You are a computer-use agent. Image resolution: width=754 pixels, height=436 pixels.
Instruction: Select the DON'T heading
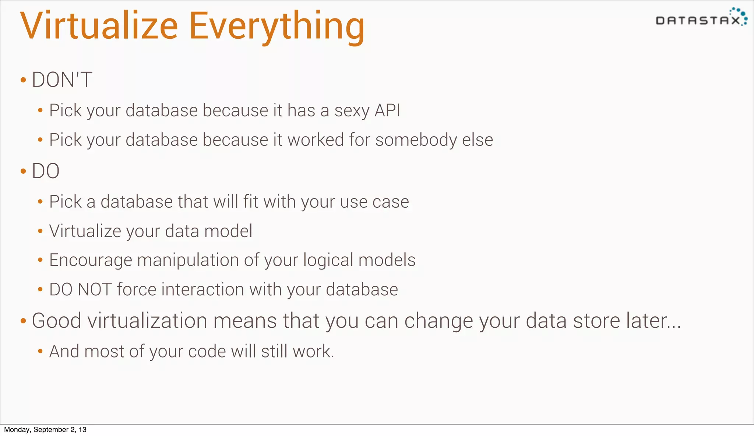point(62,80)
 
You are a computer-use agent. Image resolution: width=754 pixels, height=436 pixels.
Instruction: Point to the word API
point(387,110)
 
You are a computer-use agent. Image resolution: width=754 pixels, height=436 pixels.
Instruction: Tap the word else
point(478,140)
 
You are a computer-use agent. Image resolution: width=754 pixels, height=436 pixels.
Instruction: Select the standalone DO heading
point(46,171)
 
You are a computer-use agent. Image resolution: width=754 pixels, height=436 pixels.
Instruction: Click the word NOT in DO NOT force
point(95,289)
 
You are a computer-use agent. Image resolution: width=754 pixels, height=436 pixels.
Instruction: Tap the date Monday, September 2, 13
point(45,430)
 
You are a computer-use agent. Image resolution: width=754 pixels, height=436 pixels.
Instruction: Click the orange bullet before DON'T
point(23,80)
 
